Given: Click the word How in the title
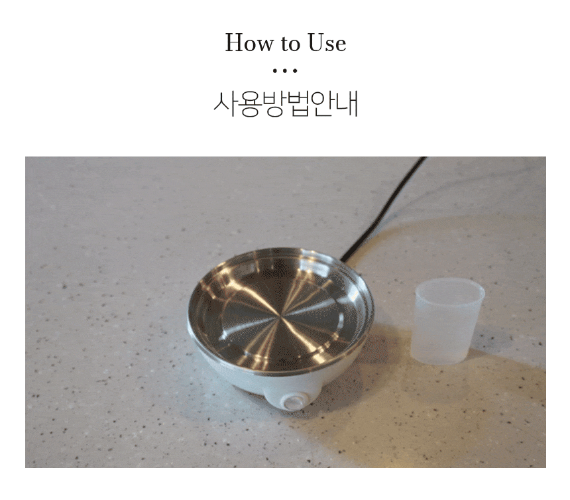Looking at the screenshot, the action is click(249, 43).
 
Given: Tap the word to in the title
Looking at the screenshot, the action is click(290, 44).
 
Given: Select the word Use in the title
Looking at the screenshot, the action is click(327, 43).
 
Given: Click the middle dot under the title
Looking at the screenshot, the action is click(285, 70).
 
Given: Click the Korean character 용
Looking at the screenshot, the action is click(250, 104).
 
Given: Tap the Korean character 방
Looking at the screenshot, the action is click(274, 104).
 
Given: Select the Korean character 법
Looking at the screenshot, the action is click(298, 104).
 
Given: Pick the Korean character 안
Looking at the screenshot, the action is click(322, 104).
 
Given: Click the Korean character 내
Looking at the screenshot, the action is click(347, 103).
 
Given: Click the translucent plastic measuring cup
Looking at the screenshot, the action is click(448, 321).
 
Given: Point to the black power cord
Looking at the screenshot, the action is click(384, 209).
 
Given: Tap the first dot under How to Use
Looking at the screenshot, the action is click(275, 70).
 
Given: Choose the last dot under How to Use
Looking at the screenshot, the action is click(295, 70).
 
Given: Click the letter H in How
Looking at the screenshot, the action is click(236, 43).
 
